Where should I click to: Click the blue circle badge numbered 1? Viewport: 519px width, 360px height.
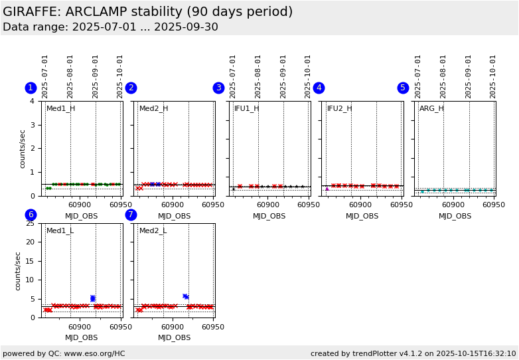31,88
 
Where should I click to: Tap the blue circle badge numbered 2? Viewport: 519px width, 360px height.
131,88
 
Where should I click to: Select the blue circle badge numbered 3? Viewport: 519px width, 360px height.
218,88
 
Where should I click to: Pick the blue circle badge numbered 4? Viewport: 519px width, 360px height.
319,88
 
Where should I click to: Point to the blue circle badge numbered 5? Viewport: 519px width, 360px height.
403,88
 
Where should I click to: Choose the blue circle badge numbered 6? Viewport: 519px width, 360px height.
31,215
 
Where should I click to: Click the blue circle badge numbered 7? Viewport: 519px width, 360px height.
131,215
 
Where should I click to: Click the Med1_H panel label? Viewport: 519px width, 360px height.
60,108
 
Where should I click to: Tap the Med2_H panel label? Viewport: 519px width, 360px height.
153,108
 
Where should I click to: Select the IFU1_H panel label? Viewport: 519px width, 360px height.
246,108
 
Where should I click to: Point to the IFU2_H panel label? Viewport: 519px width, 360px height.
339,108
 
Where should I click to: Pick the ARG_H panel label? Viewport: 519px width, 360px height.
431,108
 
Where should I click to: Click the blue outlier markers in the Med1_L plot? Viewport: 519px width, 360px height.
93,298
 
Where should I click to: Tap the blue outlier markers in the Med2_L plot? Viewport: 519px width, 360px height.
186,296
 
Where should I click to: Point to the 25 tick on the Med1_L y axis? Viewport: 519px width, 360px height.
30,223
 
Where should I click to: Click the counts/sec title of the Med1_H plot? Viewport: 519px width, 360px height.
23,149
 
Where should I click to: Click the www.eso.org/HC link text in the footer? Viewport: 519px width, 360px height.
91,353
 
